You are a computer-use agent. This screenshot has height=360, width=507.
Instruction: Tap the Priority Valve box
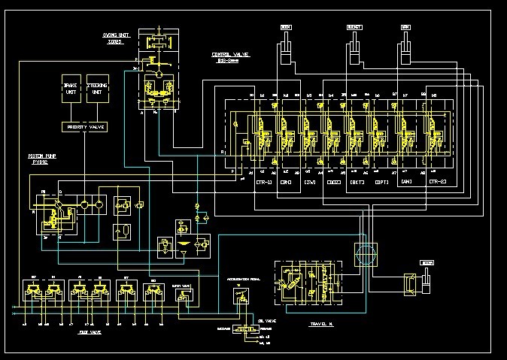coord(85,128)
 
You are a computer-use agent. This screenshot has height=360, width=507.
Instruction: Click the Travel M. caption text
coord(322,324)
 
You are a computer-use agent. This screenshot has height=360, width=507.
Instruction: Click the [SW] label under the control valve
coord(309,182)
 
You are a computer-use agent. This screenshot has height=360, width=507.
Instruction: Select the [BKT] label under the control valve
coord(357,182)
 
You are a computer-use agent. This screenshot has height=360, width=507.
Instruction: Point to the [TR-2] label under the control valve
coord(437,182)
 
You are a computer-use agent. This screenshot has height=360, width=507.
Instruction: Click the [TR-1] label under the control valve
coord(263,182)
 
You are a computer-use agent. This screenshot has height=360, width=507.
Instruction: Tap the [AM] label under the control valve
coord(406,182)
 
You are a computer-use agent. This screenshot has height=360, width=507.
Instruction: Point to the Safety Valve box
coord(183,295)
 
